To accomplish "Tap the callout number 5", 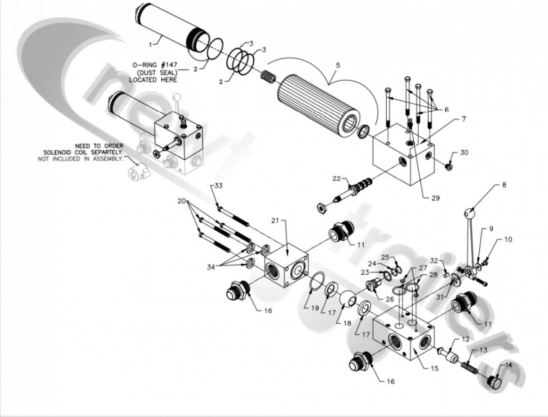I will pos(337,65).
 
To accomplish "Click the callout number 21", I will pos(287,221).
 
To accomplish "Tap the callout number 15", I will pos(434,368).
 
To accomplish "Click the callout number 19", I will pos(314,308).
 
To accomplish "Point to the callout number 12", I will pos(465,339).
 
